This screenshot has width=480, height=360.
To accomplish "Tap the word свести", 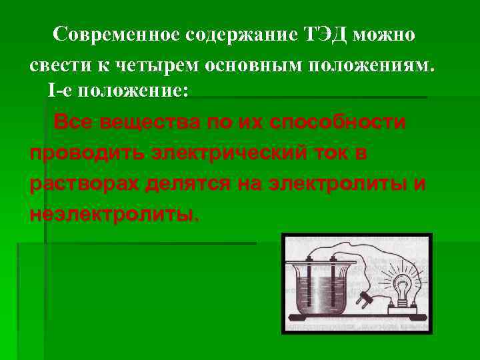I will pyautogui.click(x=57, y=67).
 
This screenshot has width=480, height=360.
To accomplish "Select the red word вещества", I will pyautogui.click(x=142, y=123).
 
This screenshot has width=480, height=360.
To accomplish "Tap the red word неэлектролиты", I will pyautogui.click(x=113, y=214).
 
